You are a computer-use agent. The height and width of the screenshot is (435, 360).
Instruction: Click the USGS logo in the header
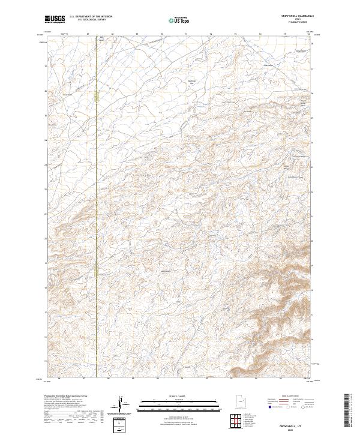[55, 19]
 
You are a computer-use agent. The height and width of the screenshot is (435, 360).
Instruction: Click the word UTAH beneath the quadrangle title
[299, 20]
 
